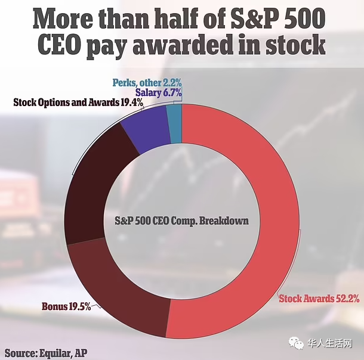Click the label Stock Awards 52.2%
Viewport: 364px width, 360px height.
pyautogui.click(x=319, y=299)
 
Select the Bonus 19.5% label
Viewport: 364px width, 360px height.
pyautogui.click(x=66, y=307)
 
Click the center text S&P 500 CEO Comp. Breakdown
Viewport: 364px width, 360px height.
pyautogui.click(x=181, y=220)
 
